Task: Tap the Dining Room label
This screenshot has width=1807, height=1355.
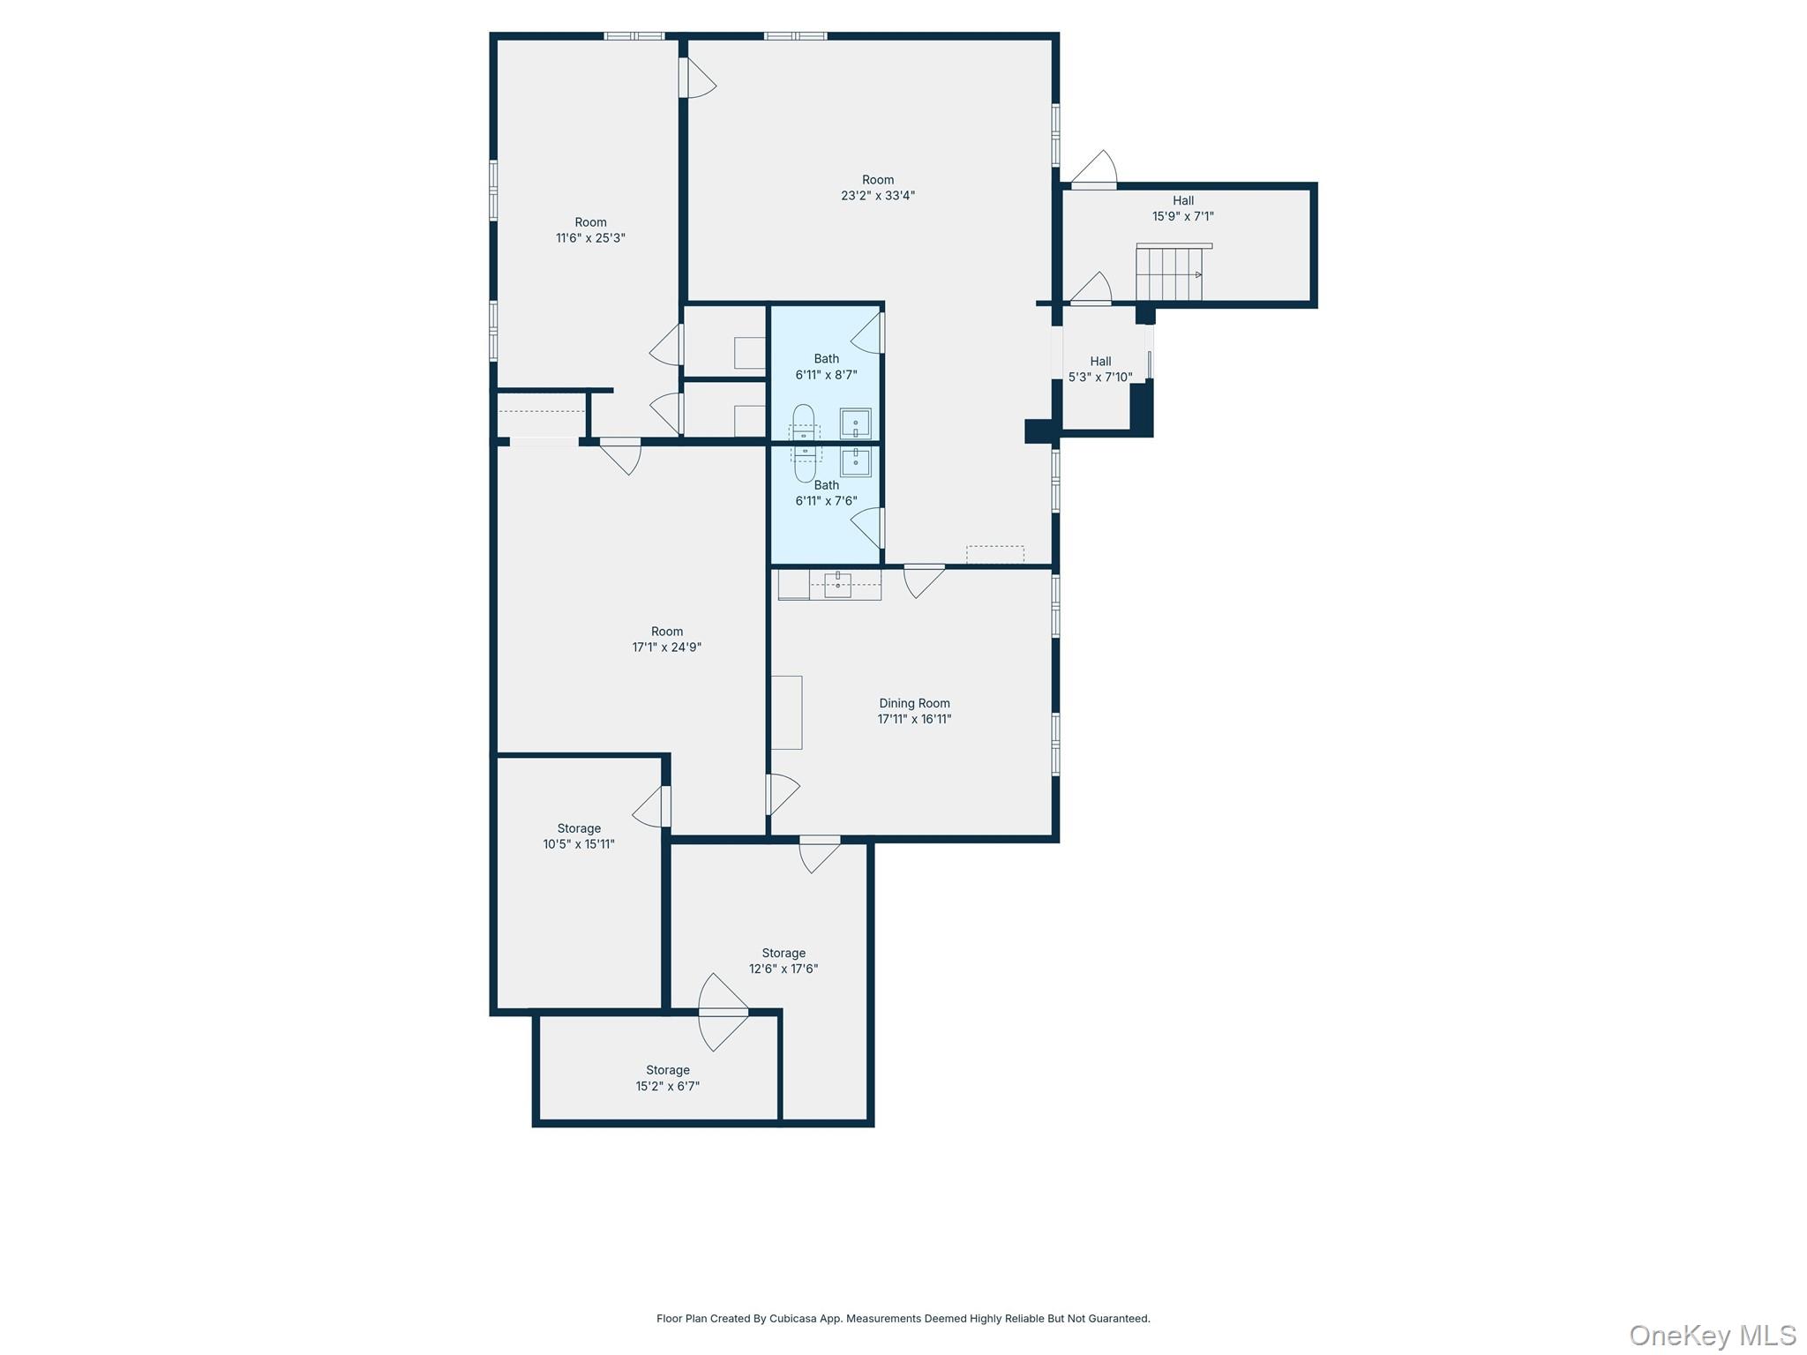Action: (x=914, y=703)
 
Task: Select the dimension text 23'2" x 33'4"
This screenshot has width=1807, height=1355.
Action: (x=878, y=196)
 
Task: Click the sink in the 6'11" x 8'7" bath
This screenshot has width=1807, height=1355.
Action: (x=855, y=423)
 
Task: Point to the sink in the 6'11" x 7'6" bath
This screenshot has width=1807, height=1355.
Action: (x=855, y=461)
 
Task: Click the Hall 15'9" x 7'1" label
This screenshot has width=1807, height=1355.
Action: (x=1183, y=208)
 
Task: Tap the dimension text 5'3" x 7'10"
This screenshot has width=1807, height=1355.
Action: (x=1100, y=378)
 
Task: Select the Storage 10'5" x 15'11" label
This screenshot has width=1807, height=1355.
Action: (x=579, y=836)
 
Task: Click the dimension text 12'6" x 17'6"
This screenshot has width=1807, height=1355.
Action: (x=784, y=969)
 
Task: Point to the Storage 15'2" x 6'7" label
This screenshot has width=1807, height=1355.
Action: (x=668, y=1078)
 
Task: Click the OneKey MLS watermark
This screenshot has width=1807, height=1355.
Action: (x=1713, y=1335)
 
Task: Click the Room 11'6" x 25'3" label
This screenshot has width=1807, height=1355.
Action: (x=590, y=230)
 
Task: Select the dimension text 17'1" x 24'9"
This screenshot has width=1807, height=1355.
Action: (x=667, y=648)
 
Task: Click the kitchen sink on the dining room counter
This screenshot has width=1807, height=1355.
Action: (x=837, y=583)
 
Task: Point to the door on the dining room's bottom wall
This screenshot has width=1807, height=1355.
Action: (x=820, y=853)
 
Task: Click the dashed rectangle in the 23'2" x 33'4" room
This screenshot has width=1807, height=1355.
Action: (x=995, y=555)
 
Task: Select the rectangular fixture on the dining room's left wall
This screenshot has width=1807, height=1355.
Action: (x=787, y=713)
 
